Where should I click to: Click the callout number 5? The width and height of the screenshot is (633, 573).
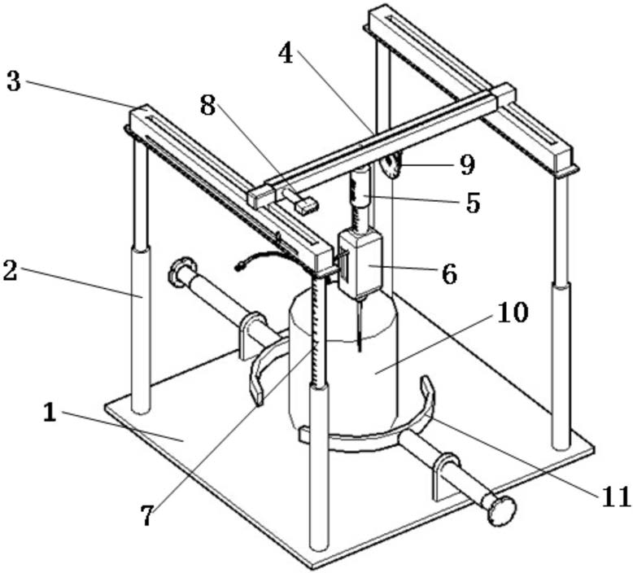473,202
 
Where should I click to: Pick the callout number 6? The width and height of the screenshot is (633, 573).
448,273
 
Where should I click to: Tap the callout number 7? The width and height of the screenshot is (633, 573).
146,515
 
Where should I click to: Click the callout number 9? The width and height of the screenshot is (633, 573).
465,165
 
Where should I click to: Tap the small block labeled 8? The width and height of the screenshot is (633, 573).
305,206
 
